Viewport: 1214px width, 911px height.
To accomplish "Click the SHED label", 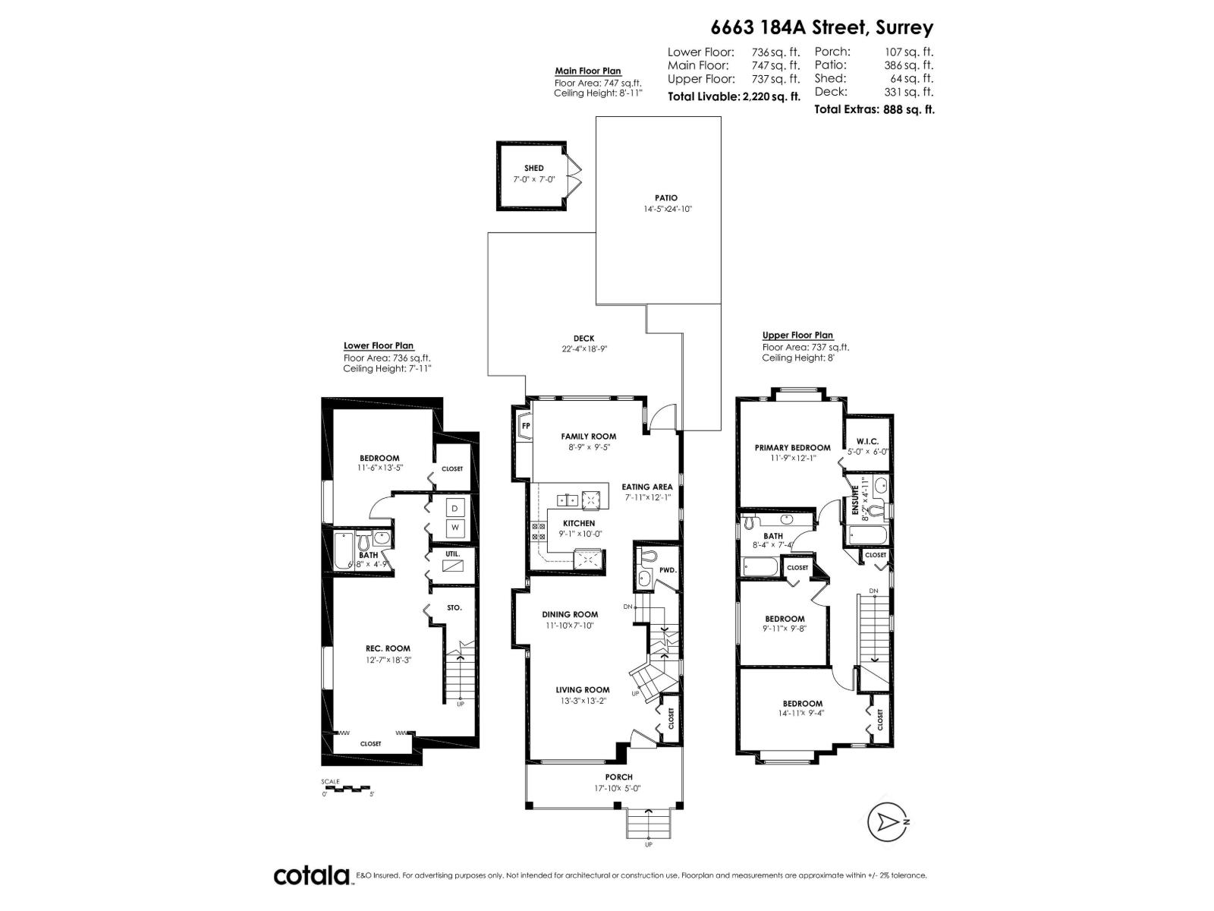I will pos(533,169).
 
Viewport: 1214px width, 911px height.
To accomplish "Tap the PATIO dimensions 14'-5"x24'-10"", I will pos(666,209).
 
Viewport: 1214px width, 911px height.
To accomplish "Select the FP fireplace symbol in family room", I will pos(525,427).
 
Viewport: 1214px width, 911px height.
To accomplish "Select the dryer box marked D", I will pos(455,508).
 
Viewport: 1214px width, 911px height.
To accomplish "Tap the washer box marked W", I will pos(455,527).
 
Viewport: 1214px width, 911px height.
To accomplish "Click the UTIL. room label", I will pos(453,553).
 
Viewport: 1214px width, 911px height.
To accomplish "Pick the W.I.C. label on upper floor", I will pos(867,441).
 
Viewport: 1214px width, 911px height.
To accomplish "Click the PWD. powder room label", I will pos(668,569).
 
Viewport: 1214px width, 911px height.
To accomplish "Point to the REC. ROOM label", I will pos(388,648).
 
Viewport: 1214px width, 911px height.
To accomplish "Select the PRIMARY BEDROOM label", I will pos(792,448).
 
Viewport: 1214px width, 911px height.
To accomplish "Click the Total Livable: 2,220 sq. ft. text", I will pos(734,96).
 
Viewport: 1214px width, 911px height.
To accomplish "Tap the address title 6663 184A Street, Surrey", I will pos(822,28).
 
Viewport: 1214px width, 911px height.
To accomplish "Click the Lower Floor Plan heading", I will pos(379,345).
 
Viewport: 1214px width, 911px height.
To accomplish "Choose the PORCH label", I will pos(619,777).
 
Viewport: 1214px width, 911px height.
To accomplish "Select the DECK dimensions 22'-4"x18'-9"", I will pos(583,350).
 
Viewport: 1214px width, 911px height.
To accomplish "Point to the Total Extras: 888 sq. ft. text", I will pos(874,109).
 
